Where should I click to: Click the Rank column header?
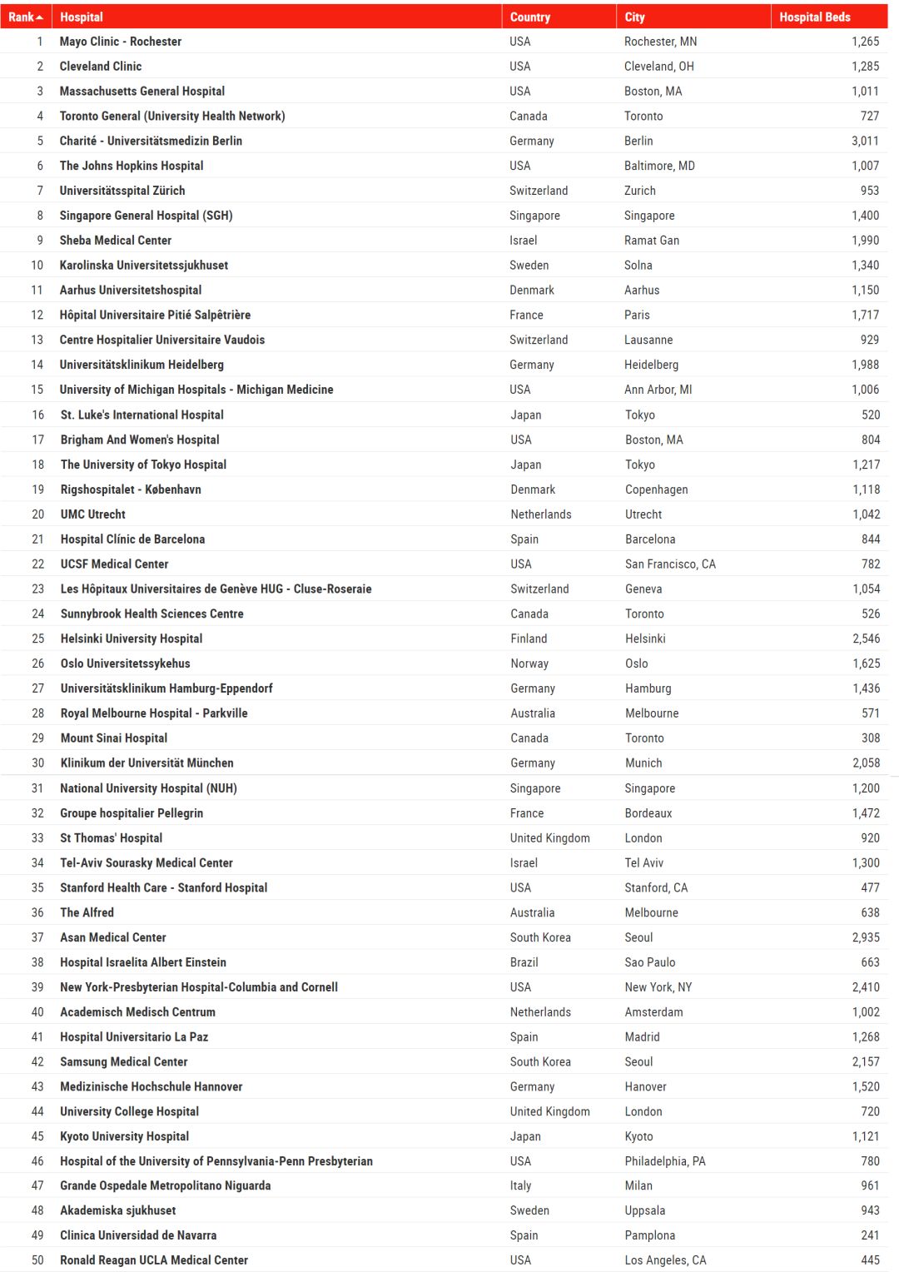coord(21,17)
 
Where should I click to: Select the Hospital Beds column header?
coord(814,17)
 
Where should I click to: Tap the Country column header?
coord(529,17)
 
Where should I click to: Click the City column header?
coord(634,17)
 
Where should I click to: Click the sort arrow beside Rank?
coord(39,17)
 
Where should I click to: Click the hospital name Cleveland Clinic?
coord(100,67)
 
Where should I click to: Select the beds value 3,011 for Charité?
coord(865,142)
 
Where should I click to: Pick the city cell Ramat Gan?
coord(652,241)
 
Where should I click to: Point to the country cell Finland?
coord(529,638)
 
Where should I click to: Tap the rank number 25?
coord(38,638)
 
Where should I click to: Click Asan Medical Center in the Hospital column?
coord(112,937)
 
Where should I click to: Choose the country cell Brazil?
coord(524,962)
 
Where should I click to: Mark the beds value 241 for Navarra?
coord(870,1235)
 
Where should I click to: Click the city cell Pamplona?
coord(649,1235)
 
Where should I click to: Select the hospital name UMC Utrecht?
coord(92,514)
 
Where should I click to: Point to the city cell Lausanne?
coord(648,340)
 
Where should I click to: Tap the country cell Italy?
coord(520,1185)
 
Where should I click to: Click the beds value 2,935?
coord(866,937)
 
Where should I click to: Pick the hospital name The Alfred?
coord(87,912)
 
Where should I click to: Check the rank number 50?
coord(37,1260)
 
